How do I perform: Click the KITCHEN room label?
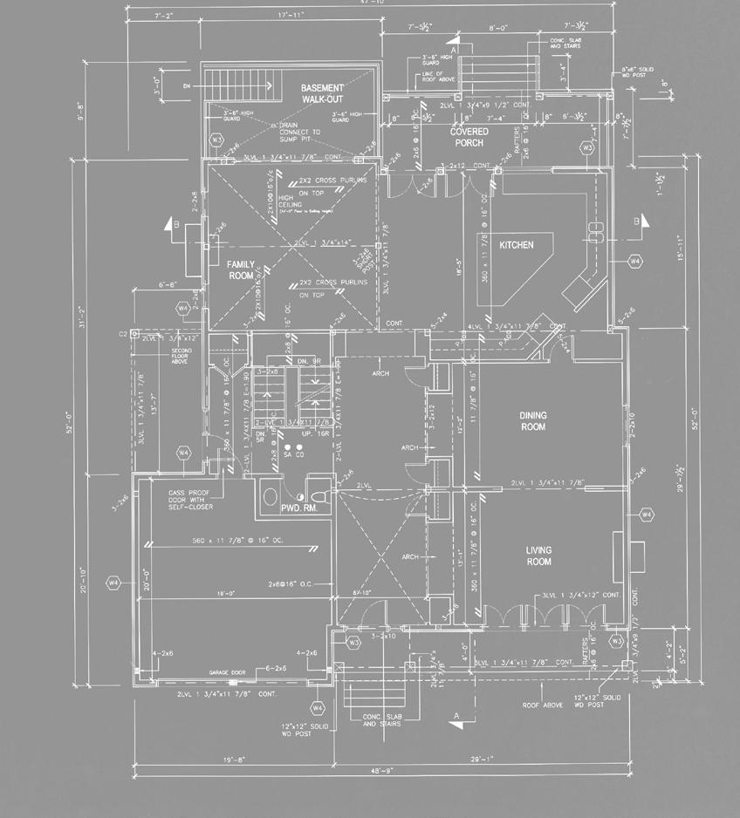516,245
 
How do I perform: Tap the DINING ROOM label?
532,421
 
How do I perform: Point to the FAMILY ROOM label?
241,269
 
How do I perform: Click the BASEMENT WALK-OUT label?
323,94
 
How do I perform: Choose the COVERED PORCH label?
469,137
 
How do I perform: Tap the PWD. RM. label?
296,506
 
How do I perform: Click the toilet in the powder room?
319,494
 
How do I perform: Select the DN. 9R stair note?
310,360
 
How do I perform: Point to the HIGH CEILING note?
268,204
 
